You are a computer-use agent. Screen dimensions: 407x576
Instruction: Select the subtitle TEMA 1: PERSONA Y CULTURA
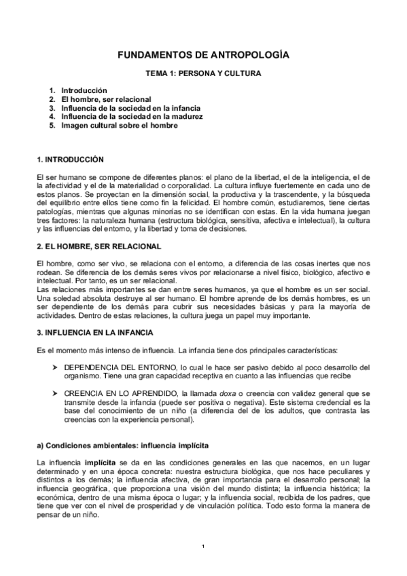(x=204, y=72)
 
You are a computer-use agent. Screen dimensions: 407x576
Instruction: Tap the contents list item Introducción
(x=84, y=90)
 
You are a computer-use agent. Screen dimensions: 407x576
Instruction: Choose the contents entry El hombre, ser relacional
(x=106, y=99)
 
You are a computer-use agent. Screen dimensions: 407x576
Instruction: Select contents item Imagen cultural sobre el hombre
(x=119, y=125)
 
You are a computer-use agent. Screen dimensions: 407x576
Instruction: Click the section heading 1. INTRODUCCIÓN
(x=70, y=160)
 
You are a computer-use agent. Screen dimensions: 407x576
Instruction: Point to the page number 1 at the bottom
(x=203, y=547)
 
